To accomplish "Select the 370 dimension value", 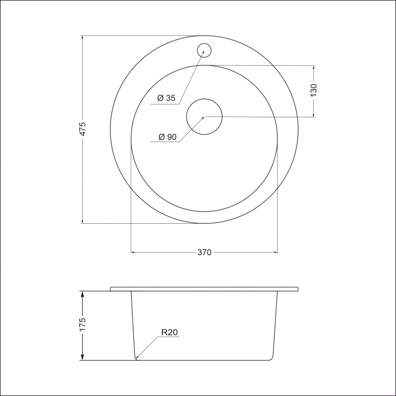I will (x=204, y=252).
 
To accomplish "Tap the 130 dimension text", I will (x=313, y=91).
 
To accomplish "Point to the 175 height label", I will (x=83, y=324).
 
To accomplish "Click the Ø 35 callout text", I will (x=166, y=98).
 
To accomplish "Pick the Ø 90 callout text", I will (x=167, y=138).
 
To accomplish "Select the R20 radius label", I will (x=169, y=332).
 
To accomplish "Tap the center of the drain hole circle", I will (x=204, y=117).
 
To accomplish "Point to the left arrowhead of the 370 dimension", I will (x=133, y=252).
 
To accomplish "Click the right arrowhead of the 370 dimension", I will (x=275, y=252).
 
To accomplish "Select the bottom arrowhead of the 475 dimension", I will (x=82, y=220).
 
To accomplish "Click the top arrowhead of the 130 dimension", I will (x=313, y=67).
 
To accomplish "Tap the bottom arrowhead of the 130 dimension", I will (x=313, y=114).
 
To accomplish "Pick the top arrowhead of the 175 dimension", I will (x=82, y=294).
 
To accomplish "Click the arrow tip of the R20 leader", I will (x=136, y=357).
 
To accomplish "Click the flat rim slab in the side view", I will (x=204, y=288).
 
